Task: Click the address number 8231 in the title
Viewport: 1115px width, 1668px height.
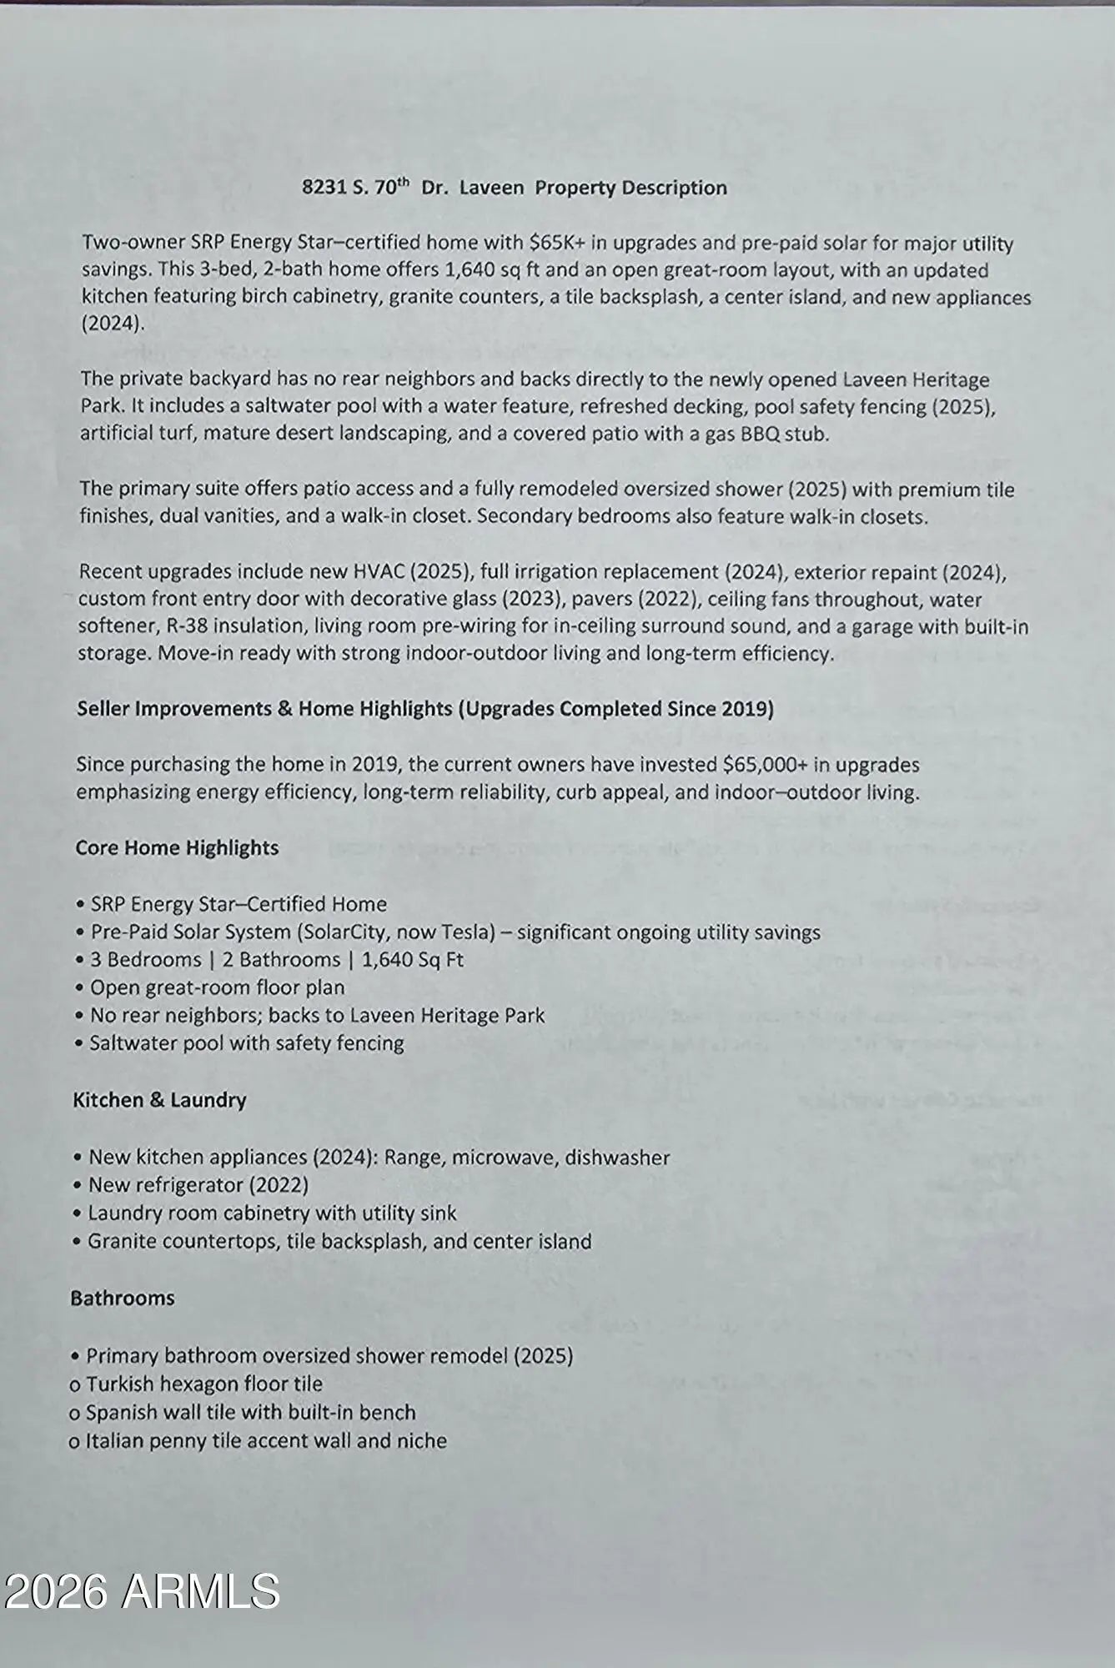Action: [x=324, y=188]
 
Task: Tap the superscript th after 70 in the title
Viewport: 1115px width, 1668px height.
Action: [x=403, y=183]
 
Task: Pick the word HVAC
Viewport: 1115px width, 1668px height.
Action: [x=379, y=572]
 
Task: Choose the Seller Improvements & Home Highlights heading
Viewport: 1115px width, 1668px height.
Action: [x=425, y=709]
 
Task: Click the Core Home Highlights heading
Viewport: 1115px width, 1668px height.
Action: [x=177, y=848]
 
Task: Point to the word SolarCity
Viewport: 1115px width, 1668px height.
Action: [x=342, y=932]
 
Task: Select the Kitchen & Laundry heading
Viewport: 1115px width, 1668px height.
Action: [x=159, y=1101]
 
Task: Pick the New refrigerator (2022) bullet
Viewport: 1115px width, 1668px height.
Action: [x=198, y=1185]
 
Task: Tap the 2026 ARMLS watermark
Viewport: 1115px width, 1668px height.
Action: [x=142, y=1591]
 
